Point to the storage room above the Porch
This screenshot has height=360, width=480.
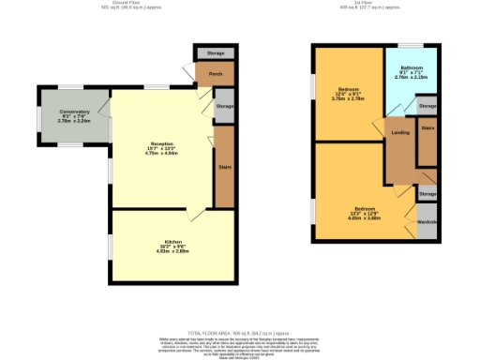click(x=215, y=53)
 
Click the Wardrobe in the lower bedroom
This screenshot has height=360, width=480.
click(x=427, y=222)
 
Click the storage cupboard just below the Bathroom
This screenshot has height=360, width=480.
click(x=427, y=107)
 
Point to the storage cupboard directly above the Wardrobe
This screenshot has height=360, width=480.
click(x=427, y=193)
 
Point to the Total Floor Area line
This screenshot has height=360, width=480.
click(x=239, y=332)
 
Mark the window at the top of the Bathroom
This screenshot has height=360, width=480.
click(x=411, y=44)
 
